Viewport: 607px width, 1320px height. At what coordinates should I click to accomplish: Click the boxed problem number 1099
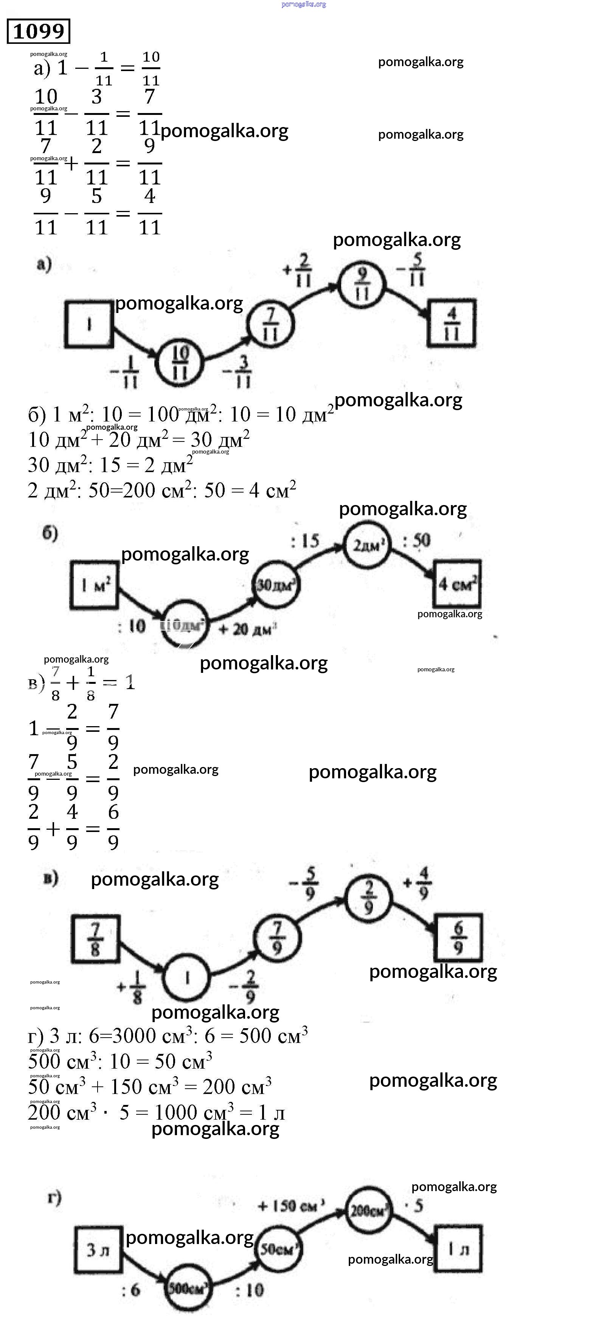pos(39,31)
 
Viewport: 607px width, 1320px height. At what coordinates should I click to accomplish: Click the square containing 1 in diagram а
pos(89,324)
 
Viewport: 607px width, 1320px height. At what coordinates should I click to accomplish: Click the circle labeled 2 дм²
pos(366,545)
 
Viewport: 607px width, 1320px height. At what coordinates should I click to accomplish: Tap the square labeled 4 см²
pos(457,584)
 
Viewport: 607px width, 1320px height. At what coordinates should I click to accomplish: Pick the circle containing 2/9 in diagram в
pos(368,898)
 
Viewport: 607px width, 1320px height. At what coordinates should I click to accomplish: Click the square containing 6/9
pos(458,938)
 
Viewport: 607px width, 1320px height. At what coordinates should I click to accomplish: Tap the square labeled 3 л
pos(98,1250)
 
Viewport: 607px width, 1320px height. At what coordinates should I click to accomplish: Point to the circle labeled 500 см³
pos(187,1288)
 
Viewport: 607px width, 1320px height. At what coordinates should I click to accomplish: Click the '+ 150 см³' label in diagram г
pos(291,1206)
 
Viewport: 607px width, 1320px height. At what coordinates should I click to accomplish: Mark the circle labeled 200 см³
pos(368,1211)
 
